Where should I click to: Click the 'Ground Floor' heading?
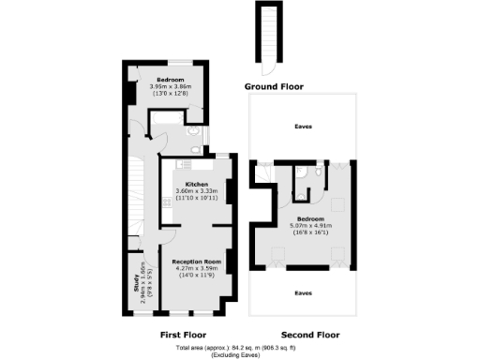[274, 86]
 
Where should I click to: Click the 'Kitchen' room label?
[196, 184]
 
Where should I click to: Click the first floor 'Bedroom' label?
[170, 79]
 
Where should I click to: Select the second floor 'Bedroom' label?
[310, 217]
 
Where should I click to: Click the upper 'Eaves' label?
[303, 126]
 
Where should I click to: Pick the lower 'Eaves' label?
[303, 292]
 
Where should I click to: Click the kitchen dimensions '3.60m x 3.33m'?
[197, 191]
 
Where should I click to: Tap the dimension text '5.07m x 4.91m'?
[310, 225]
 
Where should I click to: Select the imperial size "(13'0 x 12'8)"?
[170, 93]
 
